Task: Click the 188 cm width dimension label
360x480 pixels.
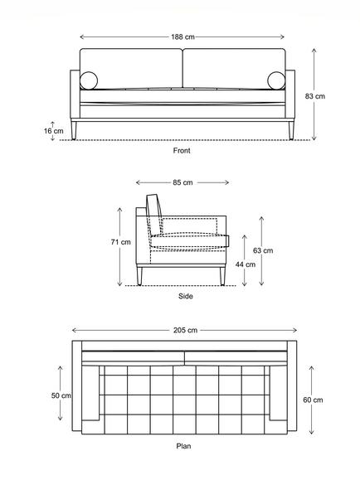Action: (x=182, y=37)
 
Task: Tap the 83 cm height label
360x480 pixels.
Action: (x=314, y=96)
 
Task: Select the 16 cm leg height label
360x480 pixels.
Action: (x=54, y=131)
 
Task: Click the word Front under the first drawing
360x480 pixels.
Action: (x=182, y=151)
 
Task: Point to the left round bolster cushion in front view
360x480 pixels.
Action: (x=89, y=80)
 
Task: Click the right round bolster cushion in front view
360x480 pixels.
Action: (x=276, y=80)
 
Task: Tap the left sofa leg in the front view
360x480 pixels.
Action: (x=74, y=130)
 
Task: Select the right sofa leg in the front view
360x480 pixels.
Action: (x=291, y=130)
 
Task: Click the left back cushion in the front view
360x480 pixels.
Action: (x=131, y=68)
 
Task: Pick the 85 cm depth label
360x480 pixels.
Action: (x=182, y=182)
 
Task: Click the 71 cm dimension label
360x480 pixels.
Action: (x=121, y=242)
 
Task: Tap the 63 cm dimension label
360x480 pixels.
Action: (x=263, y=250)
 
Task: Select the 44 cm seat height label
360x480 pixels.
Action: (x=245, y=264)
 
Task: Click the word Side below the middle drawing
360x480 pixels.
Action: (x=186, y=296)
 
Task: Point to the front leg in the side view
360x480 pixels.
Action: (x=222, y=276)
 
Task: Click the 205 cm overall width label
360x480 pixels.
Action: (x=185, y=330)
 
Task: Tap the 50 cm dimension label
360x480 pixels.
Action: (x=61, y=395)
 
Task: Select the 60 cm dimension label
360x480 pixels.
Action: (x=313, y=400)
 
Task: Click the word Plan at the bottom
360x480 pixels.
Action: (x=183, y=446)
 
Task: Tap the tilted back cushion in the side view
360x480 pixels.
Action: (x=155, y=214)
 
